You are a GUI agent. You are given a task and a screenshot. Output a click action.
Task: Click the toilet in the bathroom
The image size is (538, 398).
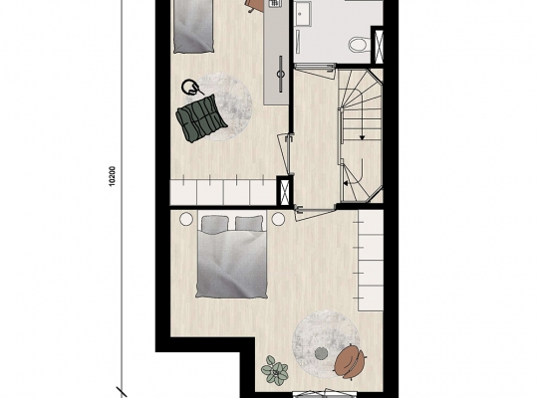[360, 44]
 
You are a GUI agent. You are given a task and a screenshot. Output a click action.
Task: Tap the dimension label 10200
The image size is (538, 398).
[113, 176]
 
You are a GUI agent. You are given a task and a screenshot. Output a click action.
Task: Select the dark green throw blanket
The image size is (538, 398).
[201, 118]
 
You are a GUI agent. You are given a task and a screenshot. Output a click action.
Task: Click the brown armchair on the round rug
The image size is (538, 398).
[351, 361]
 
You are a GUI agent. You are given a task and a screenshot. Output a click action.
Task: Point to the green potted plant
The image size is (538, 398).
[275, 368]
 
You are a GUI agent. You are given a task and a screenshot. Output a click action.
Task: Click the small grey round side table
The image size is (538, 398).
[322, 353]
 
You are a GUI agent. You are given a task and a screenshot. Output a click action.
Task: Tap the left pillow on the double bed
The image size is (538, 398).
[215, 223]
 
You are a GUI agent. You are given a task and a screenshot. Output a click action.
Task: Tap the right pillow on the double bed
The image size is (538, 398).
[249, 223]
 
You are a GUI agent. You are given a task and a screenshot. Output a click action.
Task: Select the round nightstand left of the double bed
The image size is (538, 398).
[186, 219]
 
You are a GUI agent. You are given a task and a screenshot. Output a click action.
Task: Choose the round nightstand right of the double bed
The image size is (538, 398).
[278, 219]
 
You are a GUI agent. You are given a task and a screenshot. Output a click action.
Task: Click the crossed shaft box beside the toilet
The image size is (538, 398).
[379, 47]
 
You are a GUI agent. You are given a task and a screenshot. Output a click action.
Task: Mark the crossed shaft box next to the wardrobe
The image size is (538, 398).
[284, 191]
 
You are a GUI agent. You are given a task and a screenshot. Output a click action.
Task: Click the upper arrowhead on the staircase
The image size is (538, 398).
[362, 137]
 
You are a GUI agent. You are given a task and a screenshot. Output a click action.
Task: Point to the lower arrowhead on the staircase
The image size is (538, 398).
[346, 183]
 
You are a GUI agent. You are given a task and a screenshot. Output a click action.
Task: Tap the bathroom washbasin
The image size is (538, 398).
[302, 13]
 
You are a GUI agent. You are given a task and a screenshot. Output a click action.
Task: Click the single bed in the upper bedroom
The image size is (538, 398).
[193, 27]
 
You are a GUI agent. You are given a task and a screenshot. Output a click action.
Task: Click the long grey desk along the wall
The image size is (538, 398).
[276, 52]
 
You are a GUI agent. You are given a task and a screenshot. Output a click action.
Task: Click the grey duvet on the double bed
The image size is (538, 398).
[231, 264]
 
